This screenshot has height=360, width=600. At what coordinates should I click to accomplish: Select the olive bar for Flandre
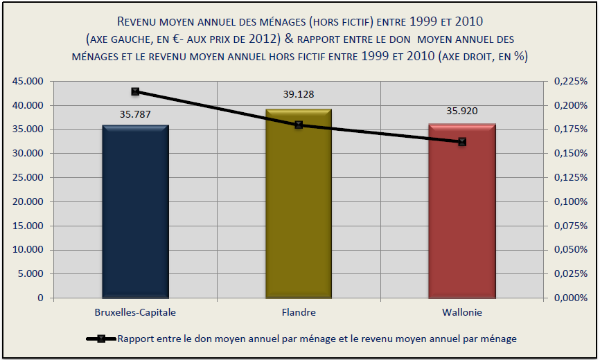[299, 208]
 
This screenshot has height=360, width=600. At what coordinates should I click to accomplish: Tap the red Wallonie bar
[462, 215]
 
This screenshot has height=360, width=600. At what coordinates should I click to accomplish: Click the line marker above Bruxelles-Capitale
[135, 91]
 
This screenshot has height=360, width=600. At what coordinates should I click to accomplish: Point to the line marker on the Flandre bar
[299, 125]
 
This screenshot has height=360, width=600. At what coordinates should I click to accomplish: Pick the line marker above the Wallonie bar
[462, 142]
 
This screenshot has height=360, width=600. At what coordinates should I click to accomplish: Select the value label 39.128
[299, 94]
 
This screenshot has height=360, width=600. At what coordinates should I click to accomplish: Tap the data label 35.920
[462, 111]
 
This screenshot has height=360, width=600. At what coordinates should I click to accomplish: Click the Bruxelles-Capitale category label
[135, 312]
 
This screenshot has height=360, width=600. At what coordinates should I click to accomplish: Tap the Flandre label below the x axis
[299, 312]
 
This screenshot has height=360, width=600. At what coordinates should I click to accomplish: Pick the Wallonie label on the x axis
[462, 312]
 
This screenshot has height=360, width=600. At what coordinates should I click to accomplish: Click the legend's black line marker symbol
[101, 339]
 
